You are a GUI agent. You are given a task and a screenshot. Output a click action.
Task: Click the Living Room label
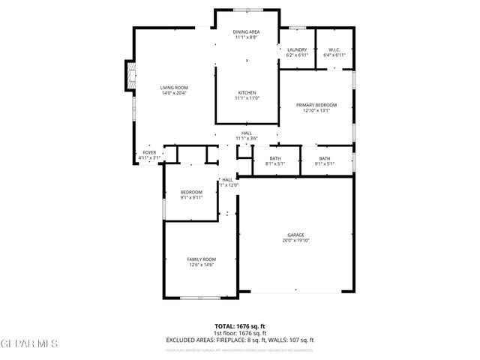click(x=173, y=88)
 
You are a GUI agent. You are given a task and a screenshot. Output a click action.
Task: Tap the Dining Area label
click(x=246, y=31)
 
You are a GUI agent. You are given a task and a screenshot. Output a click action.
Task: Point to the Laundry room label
click(x=297, y=49)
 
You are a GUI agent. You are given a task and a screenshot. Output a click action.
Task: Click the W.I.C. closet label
click(x=334, y=49)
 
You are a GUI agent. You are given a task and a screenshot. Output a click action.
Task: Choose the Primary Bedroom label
click(x=316, y=105)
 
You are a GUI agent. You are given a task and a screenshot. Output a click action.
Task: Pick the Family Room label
click(x=201, y=259)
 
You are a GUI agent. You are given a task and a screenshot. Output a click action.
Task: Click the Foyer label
click(x=150, y=153)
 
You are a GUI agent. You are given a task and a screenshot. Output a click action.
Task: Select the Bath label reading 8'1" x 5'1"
click(x=275, y=158)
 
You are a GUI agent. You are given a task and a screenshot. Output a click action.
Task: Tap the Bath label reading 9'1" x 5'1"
click(x=324, y=158)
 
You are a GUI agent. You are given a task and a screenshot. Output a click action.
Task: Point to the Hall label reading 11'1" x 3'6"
click(x=246, y=133)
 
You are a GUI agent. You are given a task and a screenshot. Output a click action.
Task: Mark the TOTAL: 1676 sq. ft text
click(x=239, y=326)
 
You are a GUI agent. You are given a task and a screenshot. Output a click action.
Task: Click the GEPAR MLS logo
click(x=28, y=343)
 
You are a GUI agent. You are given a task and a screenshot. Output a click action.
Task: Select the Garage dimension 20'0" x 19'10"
click(x=295, y=241)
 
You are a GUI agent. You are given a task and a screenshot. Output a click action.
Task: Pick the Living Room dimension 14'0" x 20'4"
click(x=173, y=94)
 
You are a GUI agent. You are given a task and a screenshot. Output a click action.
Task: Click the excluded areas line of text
click(x=239, y=340)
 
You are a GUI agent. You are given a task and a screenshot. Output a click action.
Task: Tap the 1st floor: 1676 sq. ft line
click(x=239, y=333)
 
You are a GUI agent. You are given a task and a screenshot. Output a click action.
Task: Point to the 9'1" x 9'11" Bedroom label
click(x=191, y=195)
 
